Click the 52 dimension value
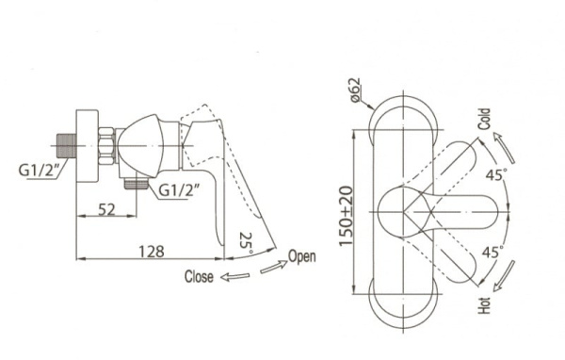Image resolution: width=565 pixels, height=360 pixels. click(106, 209)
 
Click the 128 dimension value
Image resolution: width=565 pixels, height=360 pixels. click(152, 252)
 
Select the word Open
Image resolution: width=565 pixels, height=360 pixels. click(302, 256)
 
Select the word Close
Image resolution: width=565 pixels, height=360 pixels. click(199, 277)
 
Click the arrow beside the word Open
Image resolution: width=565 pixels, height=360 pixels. click(274, 267)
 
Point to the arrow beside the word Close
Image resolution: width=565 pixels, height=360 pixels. click(234, 277)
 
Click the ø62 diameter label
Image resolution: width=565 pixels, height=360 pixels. click(355, 90)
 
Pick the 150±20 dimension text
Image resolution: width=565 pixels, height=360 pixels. click(347, 216)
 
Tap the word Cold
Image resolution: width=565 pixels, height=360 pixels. click(484, 119)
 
